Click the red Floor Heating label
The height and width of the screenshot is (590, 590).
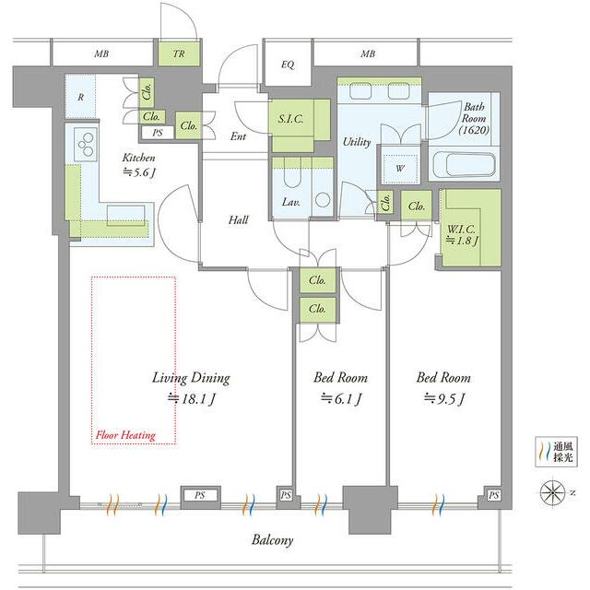point(125,435)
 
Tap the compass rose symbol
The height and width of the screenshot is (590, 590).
point(552,492)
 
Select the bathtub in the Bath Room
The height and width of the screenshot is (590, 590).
point(465,165)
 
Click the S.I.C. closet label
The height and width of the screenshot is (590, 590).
point(290,119)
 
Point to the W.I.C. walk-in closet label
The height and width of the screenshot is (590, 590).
point(461,234)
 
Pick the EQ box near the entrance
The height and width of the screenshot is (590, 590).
point(288,65)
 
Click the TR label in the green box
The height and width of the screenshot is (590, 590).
point(179,53)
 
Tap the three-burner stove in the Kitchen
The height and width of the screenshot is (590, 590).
point(86,145)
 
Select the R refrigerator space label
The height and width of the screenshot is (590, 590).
point(80,97)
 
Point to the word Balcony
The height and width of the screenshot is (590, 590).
point(272,540)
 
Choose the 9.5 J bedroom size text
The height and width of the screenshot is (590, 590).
point(444,399)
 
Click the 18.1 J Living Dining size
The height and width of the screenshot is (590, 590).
point(191,399)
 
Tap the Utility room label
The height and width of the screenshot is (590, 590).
point(357,142)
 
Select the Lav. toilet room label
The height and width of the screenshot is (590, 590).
point(291,202)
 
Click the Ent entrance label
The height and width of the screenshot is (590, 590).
point(238,136)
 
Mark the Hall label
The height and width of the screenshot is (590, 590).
point(238,219)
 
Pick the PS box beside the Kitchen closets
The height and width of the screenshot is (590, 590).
point(158,133)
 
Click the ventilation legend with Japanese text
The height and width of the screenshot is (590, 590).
point(556,452)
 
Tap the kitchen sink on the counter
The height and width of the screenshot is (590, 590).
point(126,216)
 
